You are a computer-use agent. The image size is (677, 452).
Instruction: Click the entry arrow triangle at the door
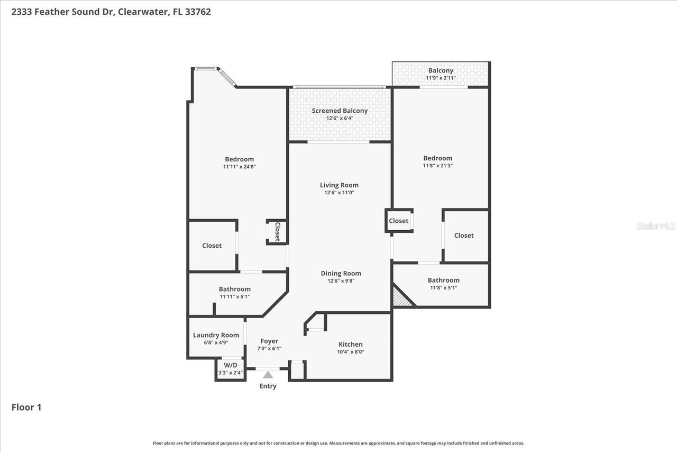[x=268, y=375]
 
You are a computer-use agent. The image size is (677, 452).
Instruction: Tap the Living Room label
[x=339, y=185]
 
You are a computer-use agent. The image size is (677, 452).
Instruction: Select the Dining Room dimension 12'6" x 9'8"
[x=341, y=281]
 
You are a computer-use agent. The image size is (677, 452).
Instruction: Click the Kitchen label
[x=351, y=345]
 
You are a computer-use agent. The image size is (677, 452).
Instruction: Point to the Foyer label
[x=269, y=341]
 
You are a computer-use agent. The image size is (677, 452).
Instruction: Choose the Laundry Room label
[x=216, y=335]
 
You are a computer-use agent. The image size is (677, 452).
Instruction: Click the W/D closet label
[x=231, y=365]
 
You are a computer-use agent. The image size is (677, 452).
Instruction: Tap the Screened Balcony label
[x=340, y=111]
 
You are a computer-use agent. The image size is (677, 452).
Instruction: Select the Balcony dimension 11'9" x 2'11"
[x=441, y=78]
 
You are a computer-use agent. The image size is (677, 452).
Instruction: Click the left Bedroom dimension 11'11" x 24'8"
[x=240, y=167]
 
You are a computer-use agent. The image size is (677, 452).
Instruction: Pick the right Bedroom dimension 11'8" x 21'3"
[x=437, y=166]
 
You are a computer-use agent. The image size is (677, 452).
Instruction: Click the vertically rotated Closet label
[x=277, y=232]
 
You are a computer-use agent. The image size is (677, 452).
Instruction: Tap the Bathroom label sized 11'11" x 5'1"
[x=235, y=289]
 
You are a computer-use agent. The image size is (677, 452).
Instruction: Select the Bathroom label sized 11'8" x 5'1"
[x=443, y=281]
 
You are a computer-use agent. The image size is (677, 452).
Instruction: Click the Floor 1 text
[x=26, y=407]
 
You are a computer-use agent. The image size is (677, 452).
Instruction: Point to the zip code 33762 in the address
[x=198, y=12]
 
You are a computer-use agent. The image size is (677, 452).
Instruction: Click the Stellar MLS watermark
[x=656, y=226]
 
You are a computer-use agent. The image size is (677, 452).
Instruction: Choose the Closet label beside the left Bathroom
[x=212, y=246]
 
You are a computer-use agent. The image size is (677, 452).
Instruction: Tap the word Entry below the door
[x=268, y=386]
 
